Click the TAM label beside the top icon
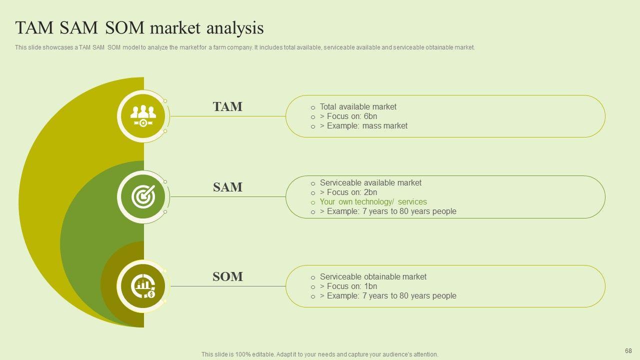(227, 106)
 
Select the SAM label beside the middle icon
(227, 187)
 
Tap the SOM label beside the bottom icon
(227, 276)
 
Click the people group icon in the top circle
(143, 116)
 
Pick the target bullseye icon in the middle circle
(143, 196)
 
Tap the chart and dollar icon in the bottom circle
(143, 286)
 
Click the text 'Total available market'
(358, 106)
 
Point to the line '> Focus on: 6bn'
(348, 116)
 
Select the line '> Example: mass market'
(363, 126)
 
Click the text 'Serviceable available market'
(370, 182)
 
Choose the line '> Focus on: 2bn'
(348, 192)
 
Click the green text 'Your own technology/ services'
(373, 202)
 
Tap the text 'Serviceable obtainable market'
(373, 276)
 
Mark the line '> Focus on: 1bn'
(348, 286)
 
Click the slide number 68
(628, 351)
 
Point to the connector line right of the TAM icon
(227, 116)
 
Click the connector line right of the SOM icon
(227, 286)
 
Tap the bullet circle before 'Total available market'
(313, 107)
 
